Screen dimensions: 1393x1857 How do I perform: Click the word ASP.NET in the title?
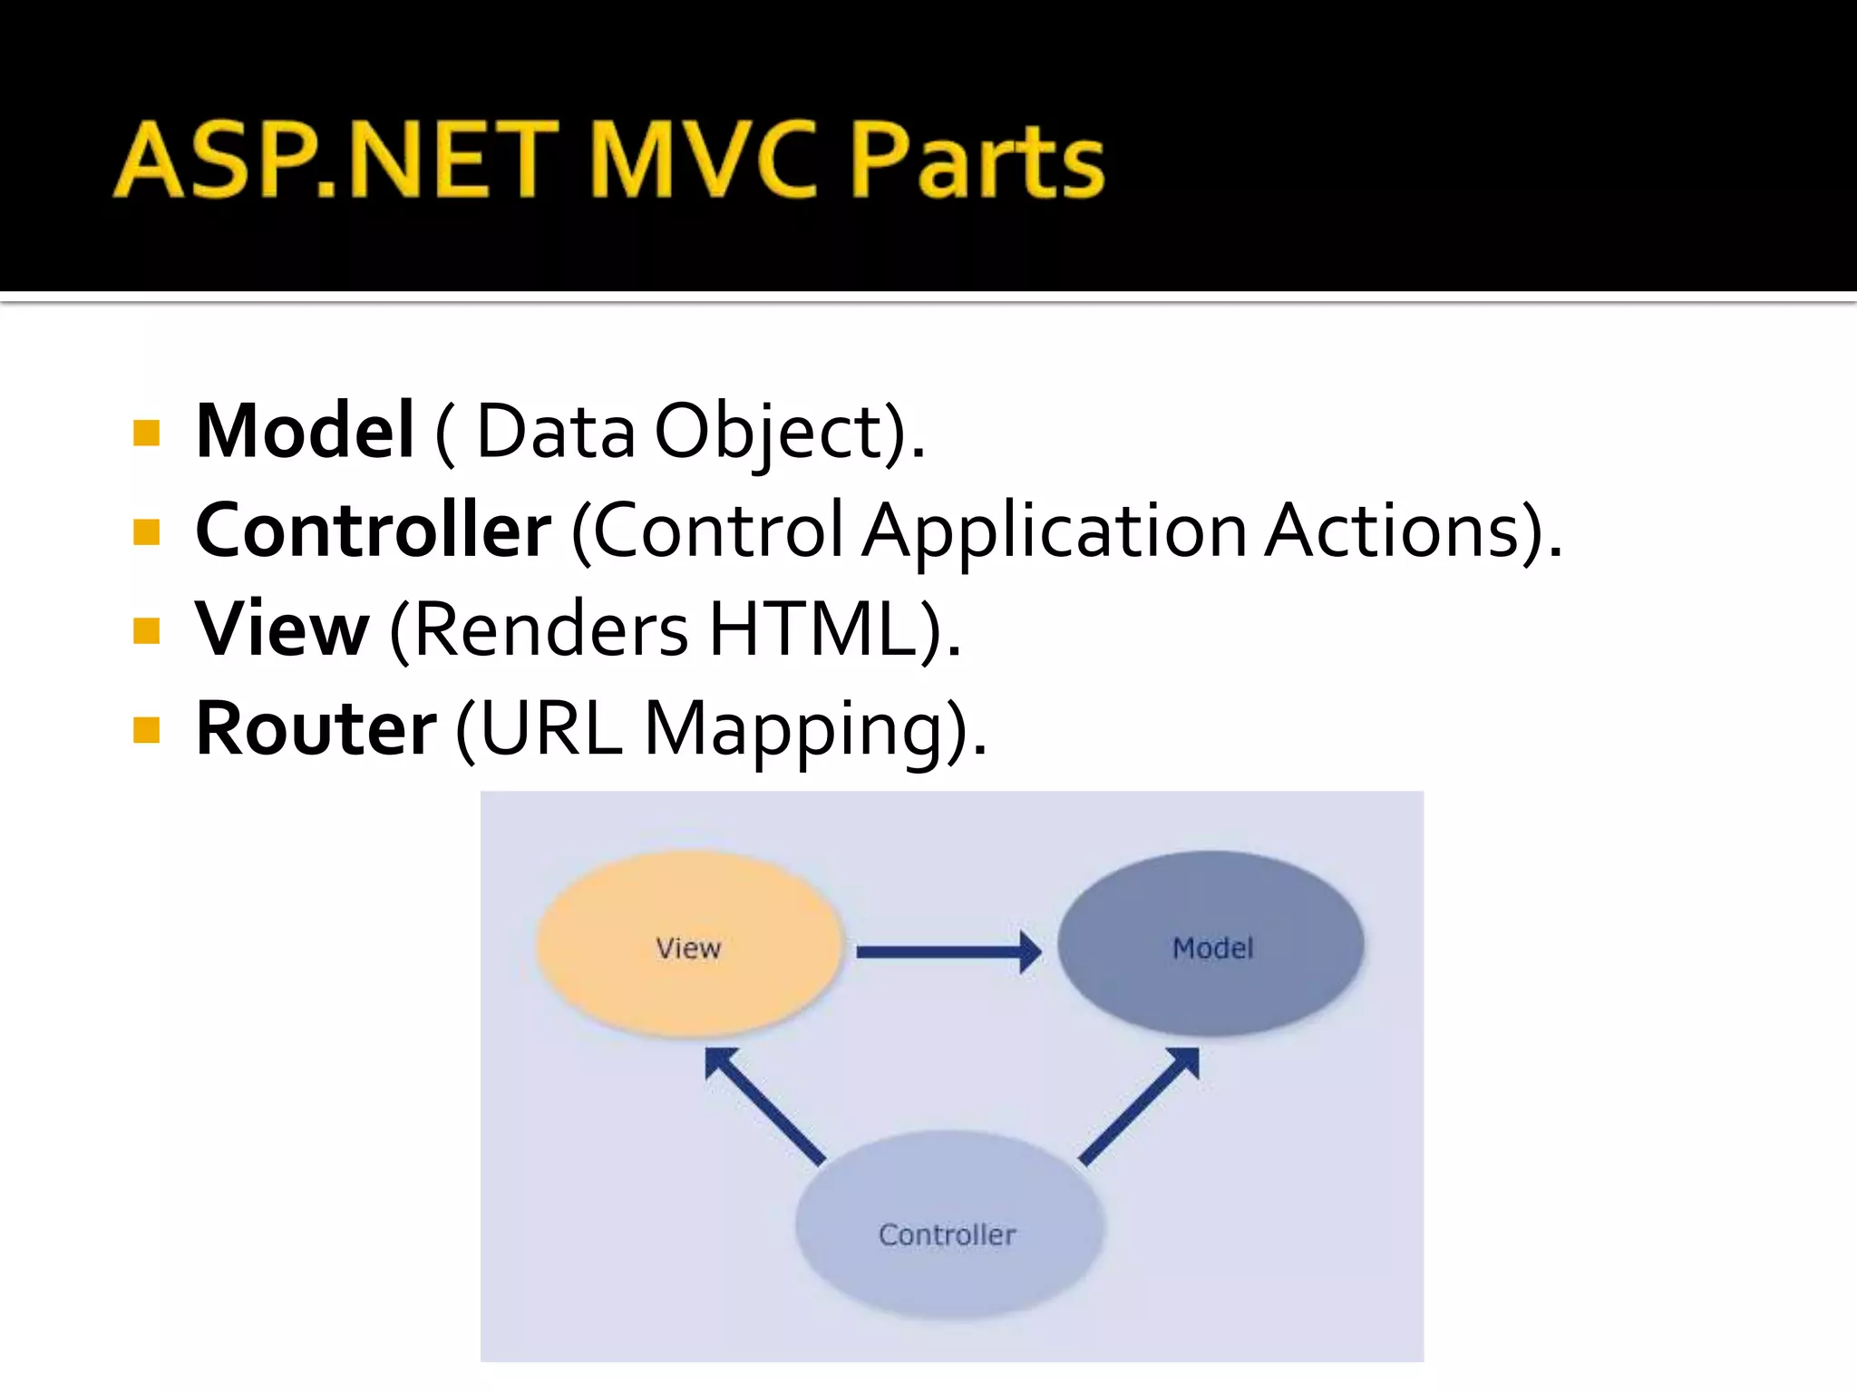pos(335,161)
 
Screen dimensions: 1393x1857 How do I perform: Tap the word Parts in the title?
pos(977,161)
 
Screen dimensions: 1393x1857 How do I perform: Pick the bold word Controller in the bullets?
pos(373,531)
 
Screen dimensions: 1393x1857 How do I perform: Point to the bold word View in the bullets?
pos(282,628)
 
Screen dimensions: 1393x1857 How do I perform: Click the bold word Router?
pos(316,728)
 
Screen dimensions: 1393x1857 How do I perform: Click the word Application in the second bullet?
pos(1055,531)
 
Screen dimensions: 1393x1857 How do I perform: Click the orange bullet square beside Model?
pos(146,433)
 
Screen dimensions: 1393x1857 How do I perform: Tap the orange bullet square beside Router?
pos(146,730)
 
